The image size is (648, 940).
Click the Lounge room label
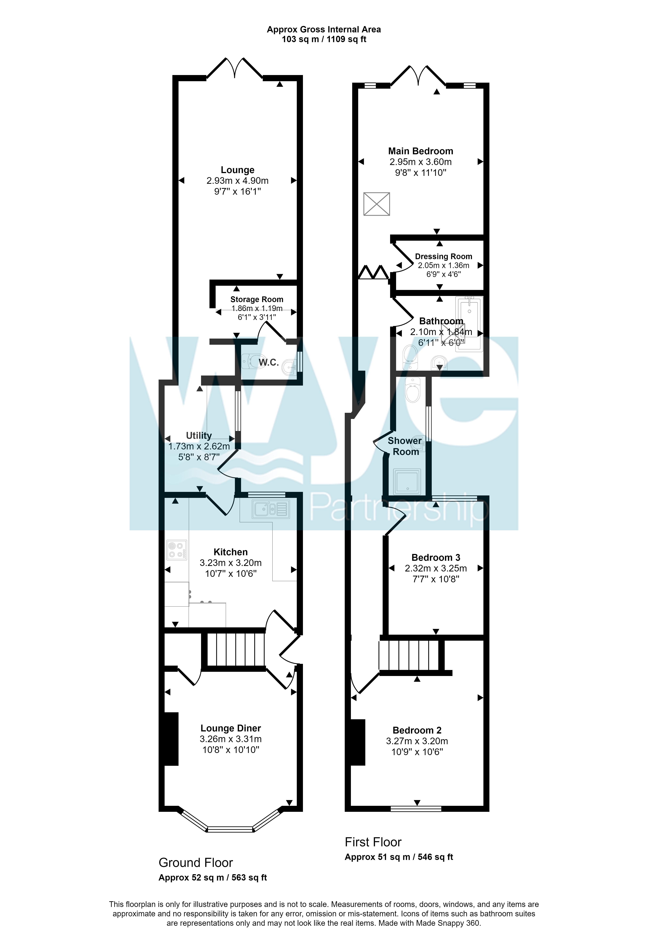coord(237,170)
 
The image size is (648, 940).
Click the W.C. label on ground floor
coord(268,362)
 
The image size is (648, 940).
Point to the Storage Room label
coord(257,299)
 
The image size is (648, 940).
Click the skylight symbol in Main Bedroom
coord(376,204)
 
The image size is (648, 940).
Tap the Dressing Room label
coord(443,256)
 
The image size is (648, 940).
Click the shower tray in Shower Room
coord(407,481)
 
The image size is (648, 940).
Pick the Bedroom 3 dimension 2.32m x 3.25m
coord(436,568)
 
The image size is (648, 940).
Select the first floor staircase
coord(409,655)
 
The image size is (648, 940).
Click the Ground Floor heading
coord(196,862)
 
